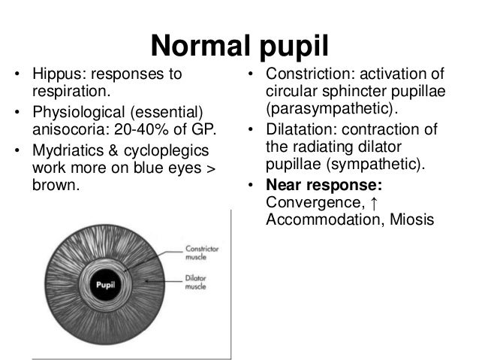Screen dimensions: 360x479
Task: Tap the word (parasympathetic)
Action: pos(327,110)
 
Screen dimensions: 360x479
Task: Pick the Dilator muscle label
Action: pos(197,281)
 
